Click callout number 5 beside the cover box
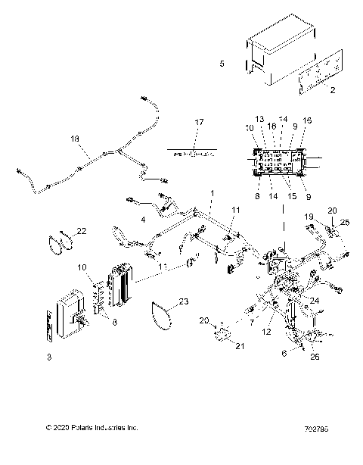tap(221, 64)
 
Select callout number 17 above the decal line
tap(199, 123)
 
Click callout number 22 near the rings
tap(82, 230)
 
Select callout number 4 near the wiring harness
tap(143, 220)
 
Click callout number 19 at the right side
tap(308, 217)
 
